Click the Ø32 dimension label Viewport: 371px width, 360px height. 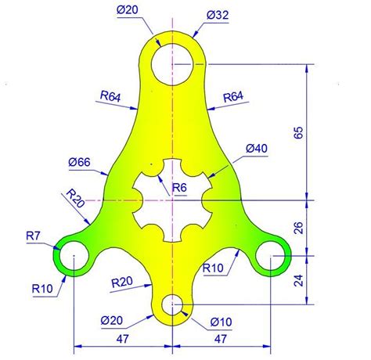point(219,15)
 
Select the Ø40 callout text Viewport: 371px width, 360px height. point(257,149)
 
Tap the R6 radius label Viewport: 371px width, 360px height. point(179,188)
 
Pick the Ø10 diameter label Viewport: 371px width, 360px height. point(222,320)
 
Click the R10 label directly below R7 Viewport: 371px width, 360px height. point(42,289)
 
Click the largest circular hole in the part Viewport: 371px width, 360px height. point(172,62)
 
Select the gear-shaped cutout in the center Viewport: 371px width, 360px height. point(171,200)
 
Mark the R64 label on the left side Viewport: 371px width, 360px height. point(110,97)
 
